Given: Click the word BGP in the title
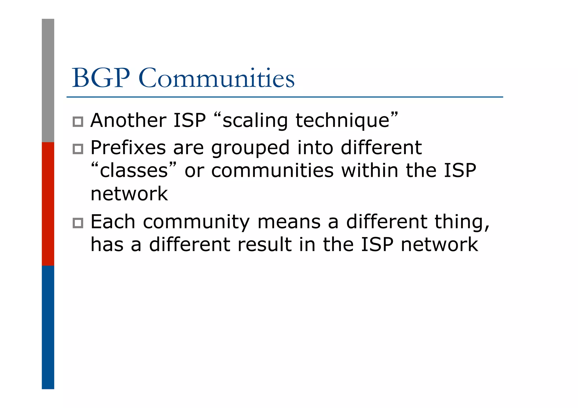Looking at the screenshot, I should click(x=101, y=78).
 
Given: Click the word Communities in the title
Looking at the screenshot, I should click(x=216, y=78).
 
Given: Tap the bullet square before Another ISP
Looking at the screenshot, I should click(x=78, y=122).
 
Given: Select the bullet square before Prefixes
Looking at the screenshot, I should click(x=78, y=149).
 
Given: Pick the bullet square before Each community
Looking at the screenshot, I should click(x=78, y=223).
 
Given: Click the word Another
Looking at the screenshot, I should click(x=128, y=120).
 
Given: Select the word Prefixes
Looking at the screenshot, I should click(x=128, y=148).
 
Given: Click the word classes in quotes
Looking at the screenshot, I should click(x=134, y=171).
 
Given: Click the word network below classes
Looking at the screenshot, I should click(x=129, y=194).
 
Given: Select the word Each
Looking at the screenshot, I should click(x=113, y=222).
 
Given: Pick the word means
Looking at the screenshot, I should click(x=289, y=222).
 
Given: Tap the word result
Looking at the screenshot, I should click(x=264, y=244).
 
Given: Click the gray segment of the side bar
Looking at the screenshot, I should click(x=48, y=80).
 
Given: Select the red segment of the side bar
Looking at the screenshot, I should click(x=48, y=204).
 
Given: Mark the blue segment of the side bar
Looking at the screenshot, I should click(x=48, y=327).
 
